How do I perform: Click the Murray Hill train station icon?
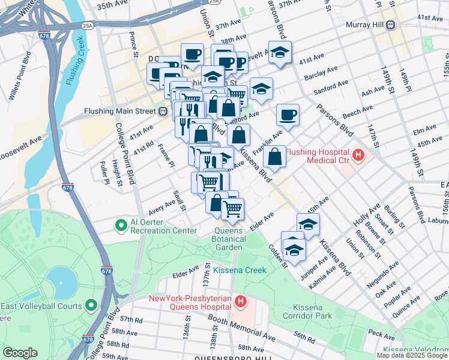click(391, 25)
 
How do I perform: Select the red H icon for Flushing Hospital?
click(358, 155)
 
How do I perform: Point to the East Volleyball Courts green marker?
click(91, 305)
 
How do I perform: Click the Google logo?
click(20, 353)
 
